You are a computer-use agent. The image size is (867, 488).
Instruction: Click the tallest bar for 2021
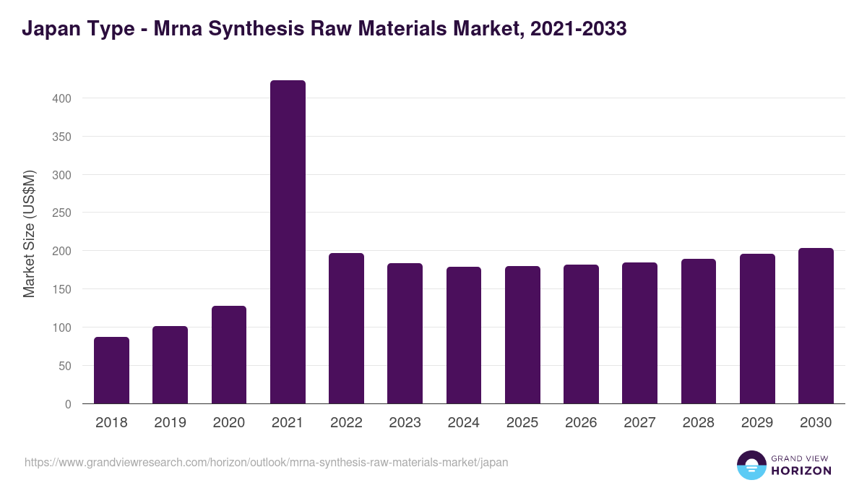tap(288, 242)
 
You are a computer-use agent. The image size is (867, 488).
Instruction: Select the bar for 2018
tap(111, 370)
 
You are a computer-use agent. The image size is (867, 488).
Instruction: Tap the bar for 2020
tap(229, 355)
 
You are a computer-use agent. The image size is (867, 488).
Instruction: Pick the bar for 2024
tap(464, 335)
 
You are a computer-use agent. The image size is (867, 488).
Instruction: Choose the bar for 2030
tap(816, 326)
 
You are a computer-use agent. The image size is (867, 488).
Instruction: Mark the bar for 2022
tap(346, 328)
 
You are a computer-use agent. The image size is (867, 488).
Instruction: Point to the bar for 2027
tap(639, 333)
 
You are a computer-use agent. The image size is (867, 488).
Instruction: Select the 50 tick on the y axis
tap(65, 366)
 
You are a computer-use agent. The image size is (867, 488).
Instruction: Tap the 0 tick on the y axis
tap(68, 404)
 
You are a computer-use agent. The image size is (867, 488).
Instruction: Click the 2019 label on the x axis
tap(171, 423)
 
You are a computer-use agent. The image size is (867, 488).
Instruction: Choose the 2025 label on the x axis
tap(522, 423)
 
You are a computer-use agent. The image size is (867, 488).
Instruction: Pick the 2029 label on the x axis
tap(757, 423)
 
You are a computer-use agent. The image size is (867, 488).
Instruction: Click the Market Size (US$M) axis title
tap(29, 233)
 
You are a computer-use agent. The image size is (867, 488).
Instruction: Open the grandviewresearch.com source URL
tap(266, 462)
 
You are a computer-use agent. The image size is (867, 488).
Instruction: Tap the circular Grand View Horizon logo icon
tap(751, 465)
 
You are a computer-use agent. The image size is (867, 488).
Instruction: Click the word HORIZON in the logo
tap(801, 471)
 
